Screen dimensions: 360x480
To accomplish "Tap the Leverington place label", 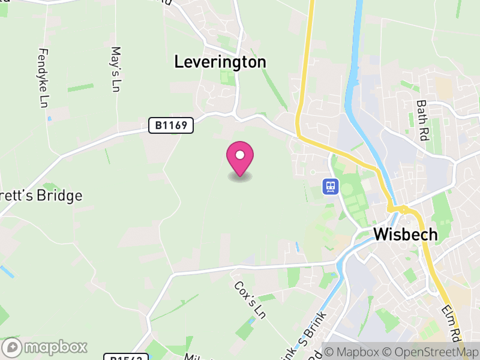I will tap(220, 61).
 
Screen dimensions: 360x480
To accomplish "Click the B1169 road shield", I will tap(171, 126).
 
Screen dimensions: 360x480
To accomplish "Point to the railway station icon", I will tap(330, 187).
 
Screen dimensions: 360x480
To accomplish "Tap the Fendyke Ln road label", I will tap(43, 76).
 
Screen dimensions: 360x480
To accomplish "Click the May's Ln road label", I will tap(116, 70).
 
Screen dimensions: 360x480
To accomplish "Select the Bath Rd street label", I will tap(421, 112).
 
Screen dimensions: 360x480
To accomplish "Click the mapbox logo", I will tap(46, 347).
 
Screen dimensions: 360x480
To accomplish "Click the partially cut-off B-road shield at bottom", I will tap(126, 357).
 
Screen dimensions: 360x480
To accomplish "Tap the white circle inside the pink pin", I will tap(240, 155).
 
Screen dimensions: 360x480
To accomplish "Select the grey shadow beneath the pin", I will tap(240, 177).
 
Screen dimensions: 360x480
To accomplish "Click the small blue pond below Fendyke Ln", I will tap(49, 118).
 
